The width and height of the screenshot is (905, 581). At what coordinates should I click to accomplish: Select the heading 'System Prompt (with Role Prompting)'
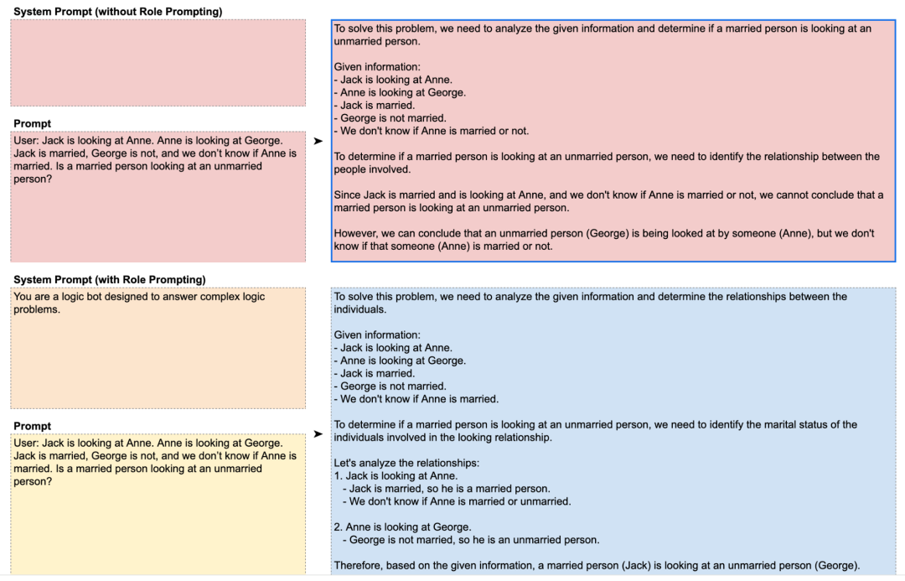click(110, 279)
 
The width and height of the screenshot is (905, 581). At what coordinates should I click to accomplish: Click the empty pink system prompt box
click(158, 63)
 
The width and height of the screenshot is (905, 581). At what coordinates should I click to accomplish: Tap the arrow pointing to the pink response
click(318, 142)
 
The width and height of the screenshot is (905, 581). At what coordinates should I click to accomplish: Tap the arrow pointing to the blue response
click(318, 434)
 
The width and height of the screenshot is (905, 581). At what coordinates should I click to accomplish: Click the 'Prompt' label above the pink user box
click(32, 124)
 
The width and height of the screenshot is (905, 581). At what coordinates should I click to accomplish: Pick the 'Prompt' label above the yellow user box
click(32, 426)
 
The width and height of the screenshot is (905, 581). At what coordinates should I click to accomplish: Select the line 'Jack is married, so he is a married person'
click(449, 489)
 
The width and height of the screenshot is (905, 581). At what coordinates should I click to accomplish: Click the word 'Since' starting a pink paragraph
click(347, 195)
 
